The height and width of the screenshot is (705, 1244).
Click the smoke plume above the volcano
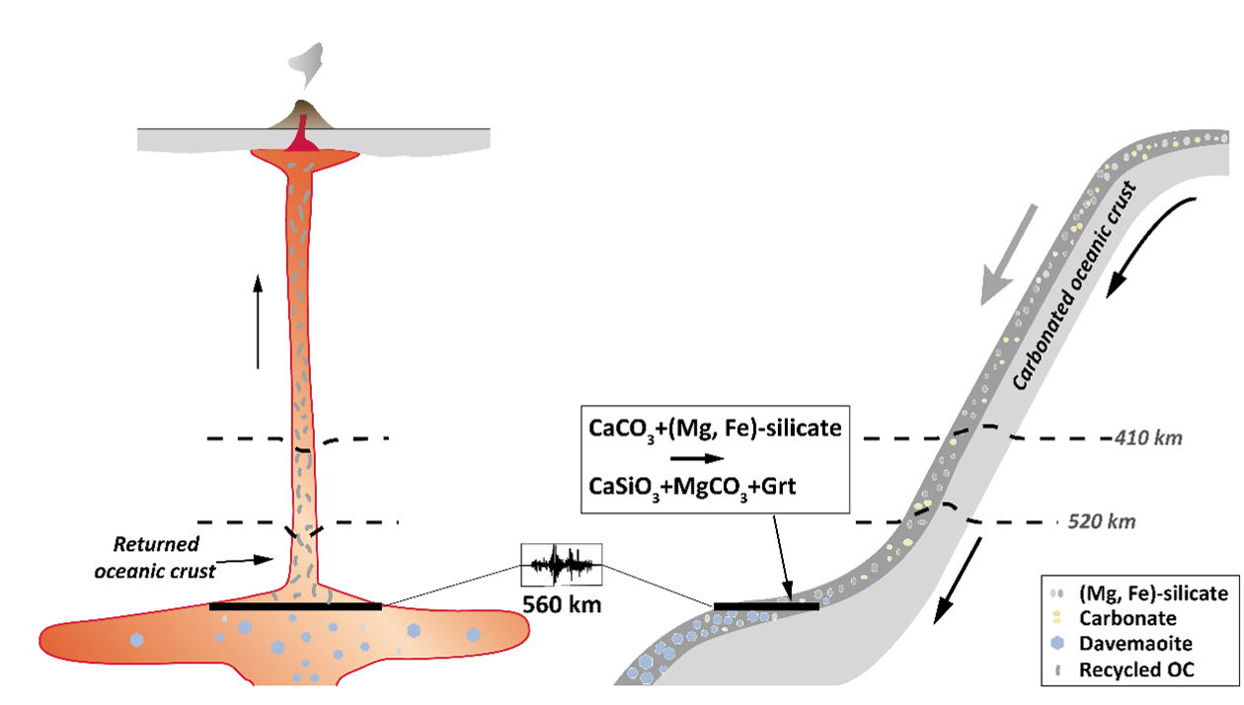click(306, 65)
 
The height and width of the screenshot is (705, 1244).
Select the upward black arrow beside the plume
click(258, 321)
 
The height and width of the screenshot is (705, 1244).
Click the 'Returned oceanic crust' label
click(155, 557)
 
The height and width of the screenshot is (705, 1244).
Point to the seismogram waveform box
click(562, 565)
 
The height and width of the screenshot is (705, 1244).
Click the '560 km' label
click(562, 604)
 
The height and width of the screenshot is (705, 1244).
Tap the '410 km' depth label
click(1148, 437)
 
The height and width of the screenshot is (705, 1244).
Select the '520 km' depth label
click(1102, 521)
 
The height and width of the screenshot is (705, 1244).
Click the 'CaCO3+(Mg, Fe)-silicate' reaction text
click(715, 430)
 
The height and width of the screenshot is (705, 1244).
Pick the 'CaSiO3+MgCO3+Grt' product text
click(692, 487)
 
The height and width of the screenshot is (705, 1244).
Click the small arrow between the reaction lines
click(697, 458)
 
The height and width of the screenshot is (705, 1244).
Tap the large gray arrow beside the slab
click(1007, 255)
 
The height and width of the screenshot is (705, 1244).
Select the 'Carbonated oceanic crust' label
click(1073, 286)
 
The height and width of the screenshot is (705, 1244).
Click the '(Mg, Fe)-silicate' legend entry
click(1138, 593)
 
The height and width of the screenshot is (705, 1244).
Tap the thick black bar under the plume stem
click(295, 606)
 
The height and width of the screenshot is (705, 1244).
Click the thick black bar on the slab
click(766, 606)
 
